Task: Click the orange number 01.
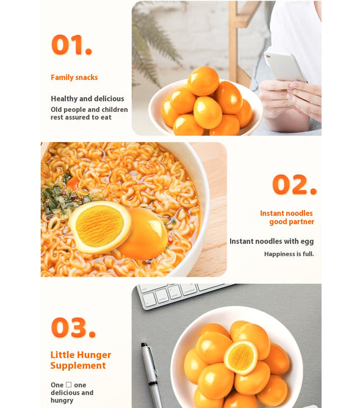tap(71, 45)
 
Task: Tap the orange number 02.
tap(293, 184)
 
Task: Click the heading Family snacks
tap(74, 78)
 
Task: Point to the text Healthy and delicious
tap(87, 98)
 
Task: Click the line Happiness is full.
tap(289, 253)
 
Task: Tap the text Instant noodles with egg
tap(272, 241)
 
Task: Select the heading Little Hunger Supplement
tap(80, 360)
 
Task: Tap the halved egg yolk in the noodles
tap(99, 226)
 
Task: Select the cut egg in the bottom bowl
tap(240, 357)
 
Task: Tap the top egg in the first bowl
tap(203, 81)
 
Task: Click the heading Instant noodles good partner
tap(287, 217)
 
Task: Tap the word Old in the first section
tap(57, 110)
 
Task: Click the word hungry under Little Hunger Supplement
tap(62, 400)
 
